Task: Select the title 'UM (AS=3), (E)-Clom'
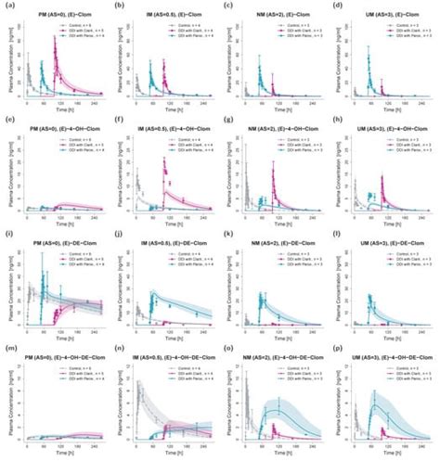(x=389, y=7)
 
